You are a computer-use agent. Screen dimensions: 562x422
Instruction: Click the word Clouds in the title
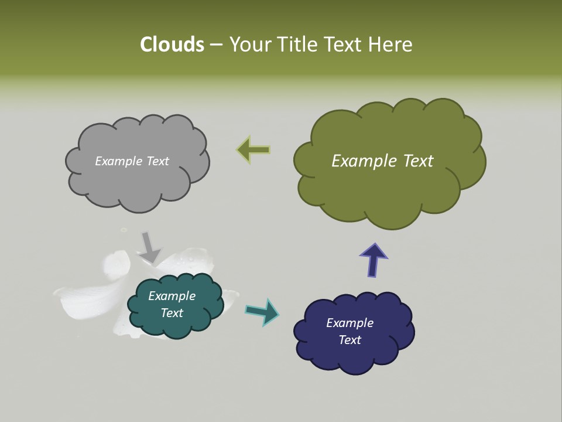pyautogui.click(x=172, y=45)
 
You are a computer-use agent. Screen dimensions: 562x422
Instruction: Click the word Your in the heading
pyautogui.click(x=249, y=45)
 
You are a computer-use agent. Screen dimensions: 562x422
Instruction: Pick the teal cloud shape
pyautogui.click(x=176, y=328)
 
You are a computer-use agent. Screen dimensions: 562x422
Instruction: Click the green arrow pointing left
pyautogui.click(x=253, y=150)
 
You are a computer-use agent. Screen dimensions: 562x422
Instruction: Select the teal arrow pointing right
pyautogui.click(x=262, y=311)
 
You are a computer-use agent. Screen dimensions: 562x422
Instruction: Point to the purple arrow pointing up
pyautogui.click(x=373, y=259)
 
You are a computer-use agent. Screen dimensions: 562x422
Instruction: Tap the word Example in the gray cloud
pyautogui.click(x=119, y=161)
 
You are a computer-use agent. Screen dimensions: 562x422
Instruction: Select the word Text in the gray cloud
pyautogui.click(x=156, y=161)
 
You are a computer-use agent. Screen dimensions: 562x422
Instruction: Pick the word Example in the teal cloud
pyautogui.click(x=172, y=296)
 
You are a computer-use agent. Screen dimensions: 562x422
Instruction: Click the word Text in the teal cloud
pyautogui.click(x=172, y=313)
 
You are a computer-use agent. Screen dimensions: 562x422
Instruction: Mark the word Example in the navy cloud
pyautogui.click(x=350, y=323)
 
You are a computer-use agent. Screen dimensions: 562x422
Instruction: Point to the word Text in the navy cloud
pyautogui.click(x=350, y=340)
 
